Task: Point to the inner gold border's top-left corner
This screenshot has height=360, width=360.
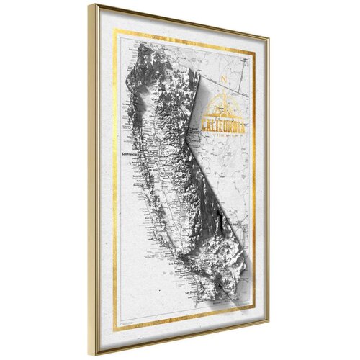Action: (x=115, y=31)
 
